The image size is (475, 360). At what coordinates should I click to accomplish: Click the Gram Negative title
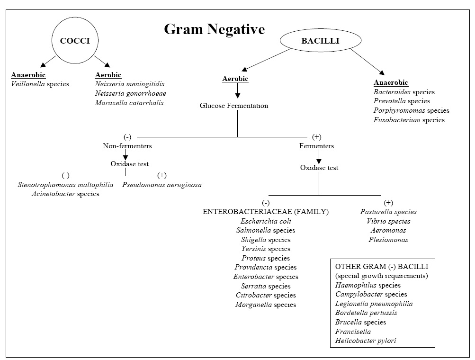point(215,29)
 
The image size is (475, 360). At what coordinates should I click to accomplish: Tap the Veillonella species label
point(40,84)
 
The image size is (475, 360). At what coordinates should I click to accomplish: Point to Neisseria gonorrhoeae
point(131,93)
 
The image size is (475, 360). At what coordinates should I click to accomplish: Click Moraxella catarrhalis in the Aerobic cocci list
point(129,103)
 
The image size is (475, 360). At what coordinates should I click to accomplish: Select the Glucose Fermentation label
point(234,106)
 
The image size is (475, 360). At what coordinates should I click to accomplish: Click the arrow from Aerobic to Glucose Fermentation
point(238,90)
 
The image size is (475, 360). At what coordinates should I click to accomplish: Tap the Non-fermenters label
point(127,146)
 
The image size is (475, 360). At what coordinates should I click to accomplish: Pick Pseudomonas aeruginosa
point(162,185)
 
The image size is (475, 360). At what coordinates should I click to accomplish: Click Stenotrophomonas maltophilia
point(65,185)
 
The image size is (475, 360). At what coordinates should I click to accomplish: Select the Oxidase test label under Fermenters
point(319,168)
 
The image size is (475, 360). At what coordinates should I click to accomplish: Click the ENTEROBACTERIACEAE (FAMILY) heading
point(266,212)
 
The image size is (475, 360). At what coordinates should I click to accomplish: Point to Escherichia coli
point(266,221)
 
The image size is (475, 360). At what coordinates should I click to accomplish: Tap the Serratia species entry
point(266,286)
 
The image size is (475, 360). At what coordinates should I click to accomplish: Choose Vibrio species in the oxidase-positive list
point(388,221)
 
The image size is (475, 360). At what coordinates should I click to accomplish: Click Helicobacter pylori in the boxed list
point(366,341)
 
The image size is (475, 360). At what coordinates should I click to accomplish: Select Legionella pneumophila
point(374,304)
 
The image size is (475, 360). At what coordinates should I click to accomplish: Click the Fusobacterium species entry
point(409,120)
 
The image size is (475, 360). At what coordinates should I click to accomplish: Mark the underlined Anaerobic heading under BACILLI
point(391,82)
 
